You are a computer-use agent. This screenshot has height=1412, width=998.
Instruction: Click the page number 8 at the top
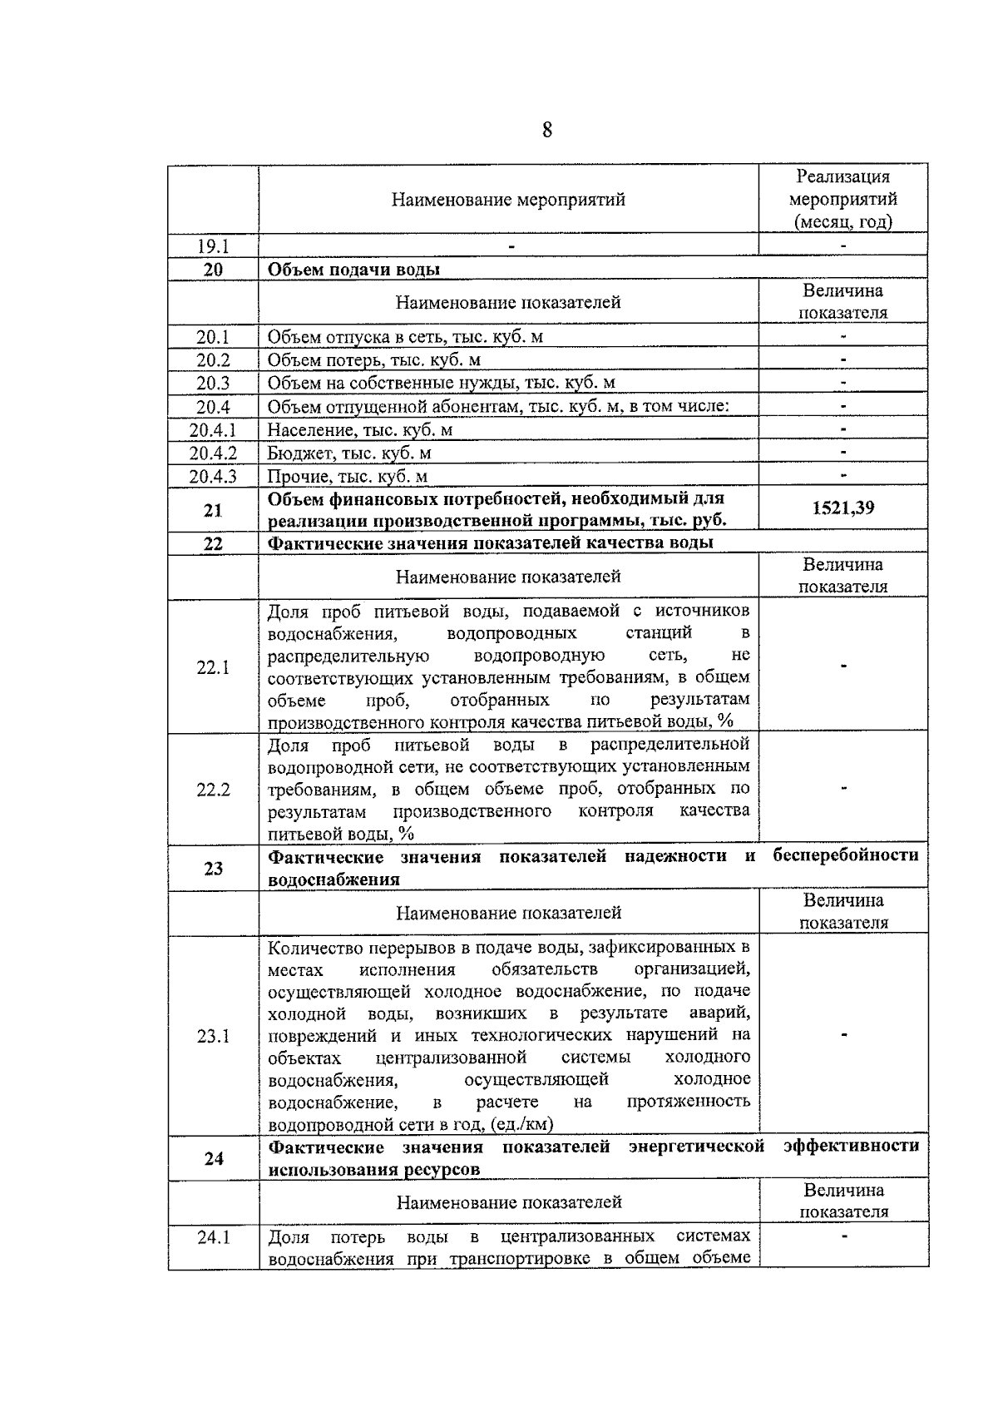tap(547, 131)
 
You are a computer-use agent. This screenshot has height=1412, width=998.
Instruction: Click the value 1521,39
tap(842, 508)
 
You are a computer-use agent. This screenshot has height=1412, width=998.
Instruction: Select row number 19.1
tap(213, 246)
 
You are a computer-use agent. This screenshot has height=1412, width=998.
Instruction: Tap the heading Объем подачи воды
tap(353, 270)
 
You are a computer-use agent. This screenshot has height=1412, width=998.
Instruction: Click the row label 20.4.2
tap(213, 453)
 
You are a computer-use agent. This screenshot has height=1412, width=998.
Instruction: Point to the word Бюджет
tap(296, 453)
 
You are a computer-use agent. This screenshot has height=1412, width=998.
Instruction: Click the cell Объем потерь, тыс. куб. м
tap(374, 360)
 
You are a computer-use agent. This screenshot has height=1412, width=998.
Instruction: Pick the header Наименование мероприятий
tap(508, 200)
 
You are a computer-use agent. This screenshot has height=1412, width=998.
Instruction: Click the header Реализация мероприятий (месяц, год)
tap(842, 199)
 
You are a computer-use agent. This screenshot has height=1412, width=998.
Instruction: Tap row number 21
tap(213, 510)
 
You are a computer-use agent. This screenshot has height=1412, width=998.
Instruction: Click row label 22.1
tap(213, 667)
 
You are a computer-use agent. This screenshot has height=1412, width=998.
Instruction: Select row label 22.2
tap(213, 790)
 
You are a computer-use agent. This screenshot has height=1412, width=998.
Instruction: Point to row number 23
tap(213, 869)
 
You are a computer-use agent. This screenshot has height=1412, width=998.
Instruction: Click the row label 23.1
tap(213, 1036)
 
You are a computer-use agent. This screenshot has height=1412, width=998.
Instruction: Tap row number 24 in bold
tap(213, 1158)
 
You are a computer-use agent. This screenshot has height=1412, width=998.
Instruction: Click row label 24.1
tap(213, 1237)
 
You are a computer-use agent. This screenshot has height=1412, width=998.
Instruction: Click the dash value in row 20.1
tap(842, 337)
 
